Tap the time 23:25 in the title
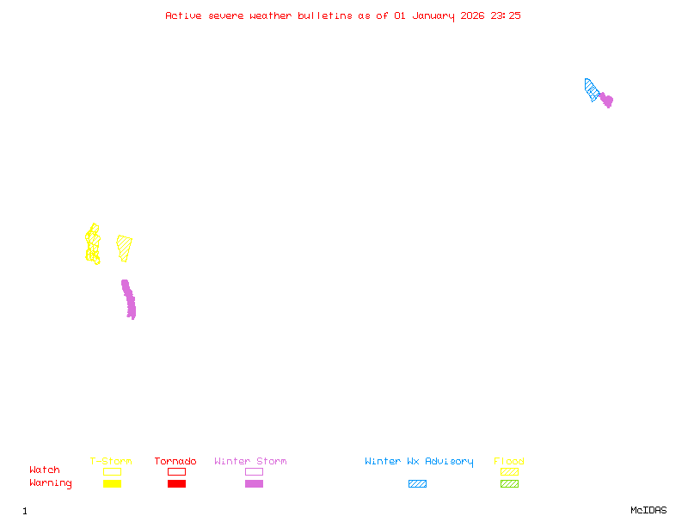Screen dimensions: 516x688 click(506, 15)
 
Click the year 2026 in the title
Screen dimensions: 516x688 click(473, 15)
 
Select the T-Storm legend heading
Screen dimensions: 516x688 click(111, 462)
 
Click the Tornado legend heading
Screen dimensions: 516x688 click(175, 462)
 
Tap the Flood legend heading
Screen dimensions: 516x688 click(509, 462)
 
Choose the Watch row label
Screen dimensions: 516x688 click(45, 470)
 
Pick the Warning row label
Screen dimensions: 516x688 click(51, 483)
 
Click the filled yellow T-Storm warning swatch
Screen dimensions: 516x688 click(112, 484)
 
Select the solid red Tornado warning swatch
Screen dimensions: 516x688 click(176, 484)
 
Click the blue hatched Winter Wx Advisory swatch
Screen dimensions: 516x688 click(417, 484)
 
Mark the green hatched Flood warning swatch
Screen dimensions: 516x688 click(509, 484)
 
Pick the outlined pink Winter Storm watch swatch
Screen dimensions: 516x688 click(254, 471)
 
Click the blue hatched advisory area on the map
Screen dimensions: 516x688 click(591, 89)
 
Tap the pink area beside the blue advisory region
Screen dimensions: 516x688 click(606, 100)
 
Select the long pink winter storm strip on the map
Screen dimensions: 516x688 click(129, 299)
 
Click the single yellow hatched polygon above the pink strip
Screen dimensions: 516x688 click(125, 248)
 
